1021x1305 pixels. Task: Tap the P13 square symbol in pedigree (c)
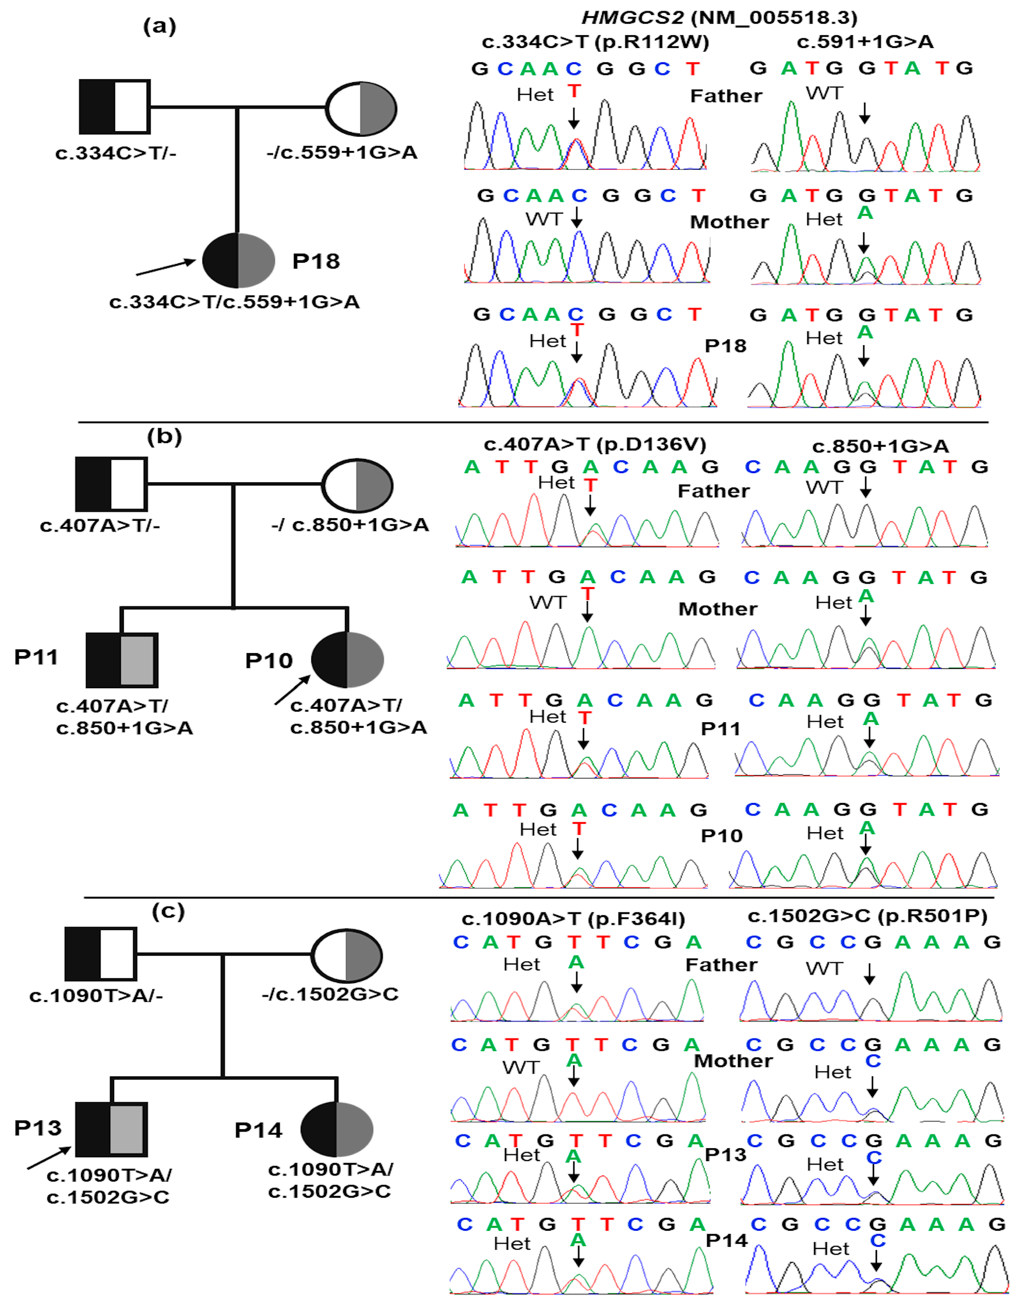pyautogui.click(x=111, y=1129)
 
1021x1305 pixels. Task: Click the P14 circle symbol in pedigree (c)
pyautogui.click(x=336, y=1129)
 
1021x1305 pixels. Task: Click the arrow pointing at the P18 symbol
pyautogui.click(x=165, y=268)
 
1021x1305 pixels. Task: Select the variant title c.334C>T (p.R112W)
pyautogui.click(x=595, y=42)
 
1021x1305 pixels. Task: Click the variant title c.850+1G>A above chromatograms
pyautogui.click(x=880, y=446)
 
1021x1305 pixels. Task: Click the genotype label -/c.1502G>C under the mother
pyautogui.click(x=330, y=994)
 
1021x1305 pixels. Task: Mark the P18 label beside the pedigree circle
pyautogui.click(x=316, y=261)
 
